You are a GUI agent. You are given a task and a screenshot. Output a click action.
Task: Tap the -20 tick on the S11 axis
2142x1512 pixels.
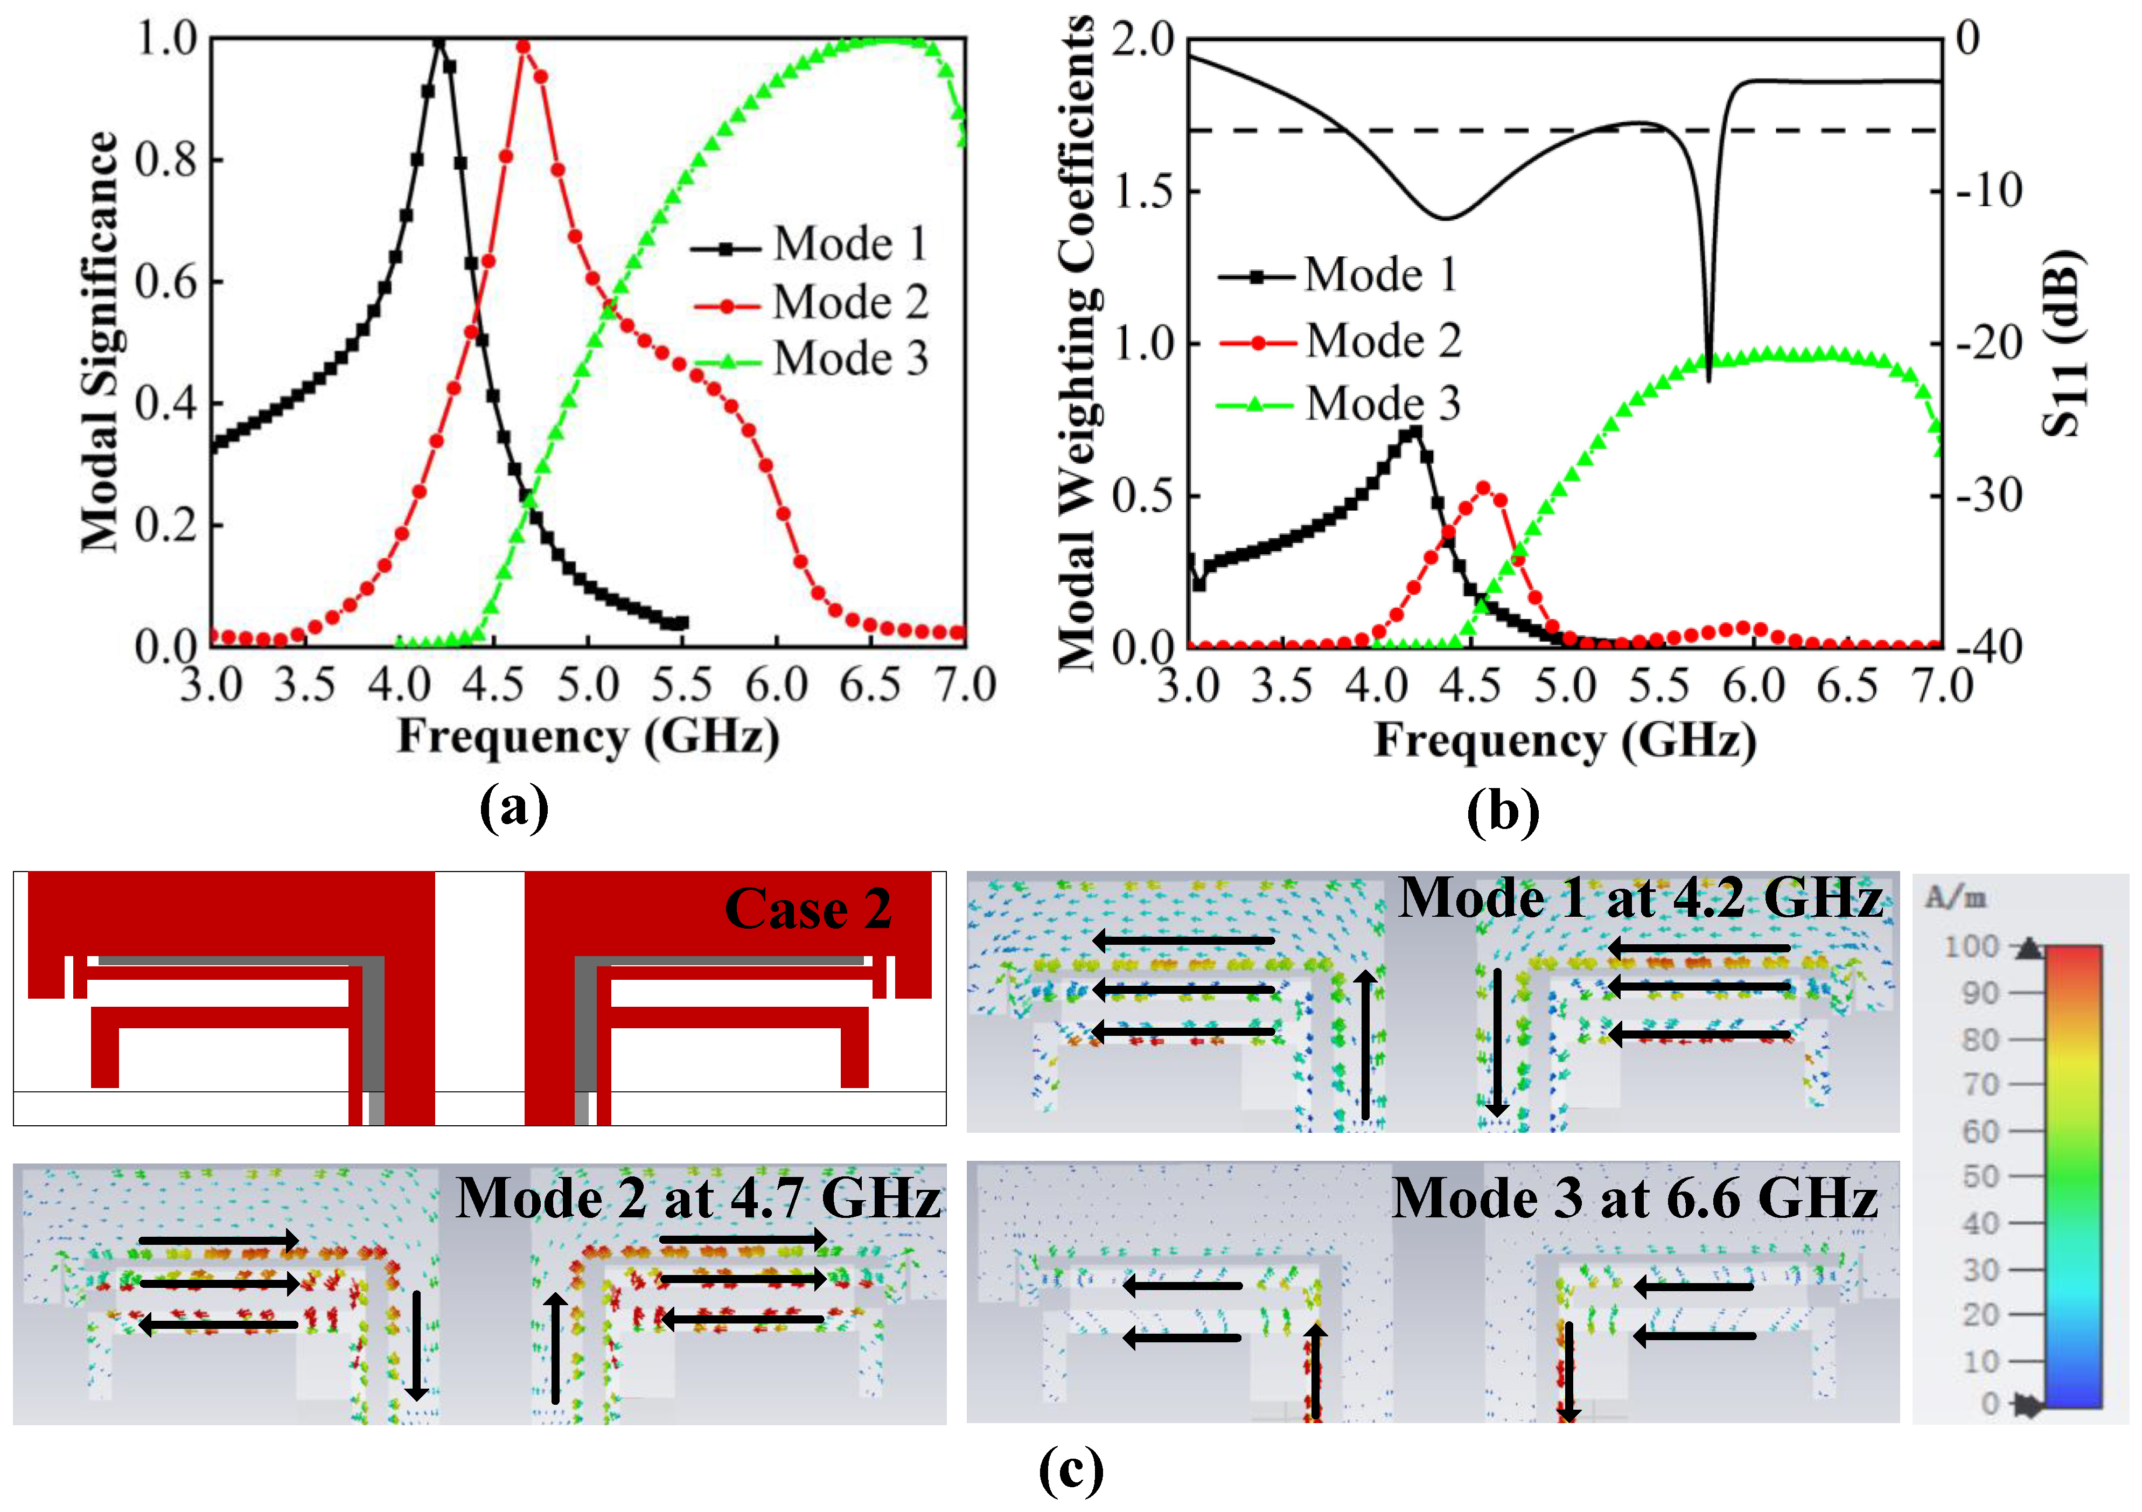(x=1987, y=343)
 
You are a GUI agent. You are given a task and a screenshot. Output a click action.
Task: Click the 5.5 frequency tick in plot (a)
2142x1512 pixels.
(x=681, y=686)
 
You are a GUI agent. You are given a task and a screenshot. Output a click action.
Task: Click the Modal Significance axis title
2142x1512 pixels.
(x=101, y=340)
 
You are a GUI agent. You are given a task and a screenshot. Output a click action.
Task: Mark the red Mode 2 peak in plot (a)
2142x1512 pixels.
(x=524, y=47)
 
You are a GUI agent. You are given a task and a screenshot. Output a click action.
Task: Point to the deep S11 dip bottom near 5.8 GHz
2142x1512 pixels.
(x=1708, y=378)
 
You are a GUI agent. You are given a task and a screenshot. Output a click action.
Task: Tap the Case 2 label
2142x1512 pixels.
(x=808, y=909)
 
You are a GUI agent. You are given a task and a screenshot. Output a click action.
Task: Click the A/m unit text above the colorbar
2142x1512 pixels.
(x=1956, y=898)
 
